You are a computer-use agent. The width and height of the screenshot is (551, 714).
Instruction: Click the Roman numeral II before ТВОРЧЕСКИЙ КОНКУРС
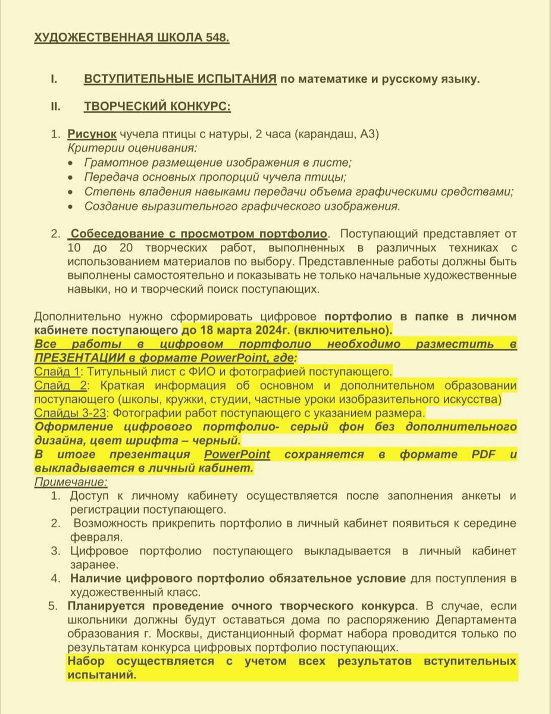click(55, 107)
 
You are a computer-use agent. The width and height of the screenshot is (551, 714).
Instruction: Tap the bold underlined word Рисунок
click(92, 134)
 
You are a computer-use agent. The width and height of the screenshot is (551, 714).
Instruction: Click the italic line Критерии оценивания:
click(132, 148)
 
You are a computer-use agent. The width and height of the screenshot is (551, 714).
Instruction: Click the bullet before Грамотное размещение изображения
click(71, 163)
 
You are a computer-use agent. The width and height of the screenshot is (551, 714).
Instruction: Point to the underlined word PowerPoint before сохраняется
click(237, 455)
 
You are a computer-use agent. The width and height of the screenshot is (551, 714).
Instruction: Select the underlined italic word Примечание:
click(71, 483)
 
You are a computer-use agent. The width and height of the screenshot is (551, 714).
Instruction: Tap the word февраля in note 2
click(95, 537)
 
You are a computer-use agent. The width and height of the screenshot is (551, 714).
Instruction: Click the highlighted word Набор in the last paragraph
click(87, 662)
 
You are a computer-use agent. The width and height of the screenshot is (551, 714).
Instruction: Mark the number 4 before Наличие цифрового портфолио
click(55, 578)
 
